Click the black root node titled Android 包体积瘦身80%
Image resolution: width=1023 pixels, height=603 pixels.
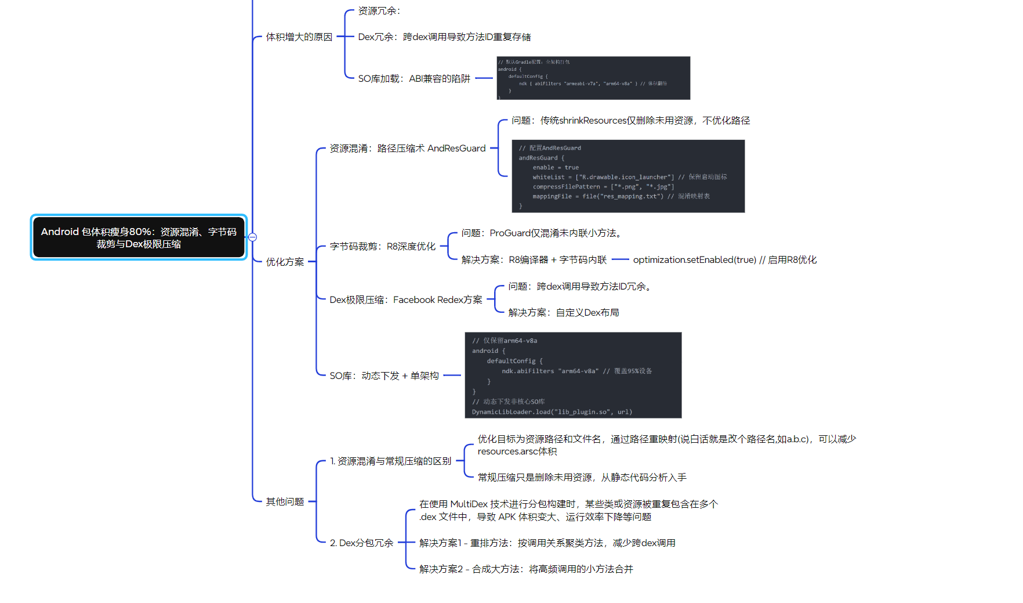139,237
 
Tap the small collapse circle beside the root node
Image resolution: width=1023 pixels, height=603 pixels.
252,237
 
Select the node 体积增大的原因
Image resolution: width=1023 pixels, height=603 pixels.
299,37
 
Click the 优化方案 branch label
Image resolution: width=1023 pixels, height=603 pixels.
285,262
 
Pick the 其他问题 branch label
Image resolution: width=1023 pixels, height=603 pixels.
285,501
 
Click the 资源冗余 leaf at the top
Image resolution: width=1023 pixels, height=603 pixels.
379,11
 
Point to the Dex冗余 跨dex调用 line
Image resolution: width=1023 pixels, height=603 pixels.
444,37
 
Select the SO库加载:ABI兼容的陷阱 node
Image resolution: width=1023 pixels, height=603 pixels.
414,79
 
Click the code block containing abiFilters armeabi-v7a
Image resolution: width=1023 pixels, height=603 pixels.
593,78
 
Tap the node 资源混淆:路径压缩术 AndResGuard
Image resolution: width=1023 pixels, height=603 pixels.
407,149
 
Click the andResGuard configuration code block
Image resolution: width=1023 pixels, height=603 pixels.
628,176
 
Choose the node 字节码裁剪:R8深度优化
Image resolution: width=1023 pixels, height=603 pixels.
382,247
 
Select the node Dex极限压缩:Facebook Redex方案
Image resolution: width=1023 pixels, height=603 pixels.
405,300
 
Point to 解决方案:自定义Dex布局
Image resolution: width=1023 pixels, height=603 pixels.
563,313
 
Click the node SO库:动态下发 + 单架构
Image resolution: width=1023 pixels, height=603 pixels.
384,376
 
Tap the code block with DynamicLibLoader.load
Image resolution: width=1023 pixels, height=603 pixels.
573,375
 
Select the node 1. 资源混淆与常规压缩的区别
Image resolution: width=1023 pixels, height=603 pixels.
390,461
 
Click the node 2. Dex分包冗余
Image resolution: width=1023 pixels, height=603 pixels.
361,543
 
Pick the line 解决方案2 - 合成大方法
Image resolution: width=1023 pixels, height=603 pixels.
526,569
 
